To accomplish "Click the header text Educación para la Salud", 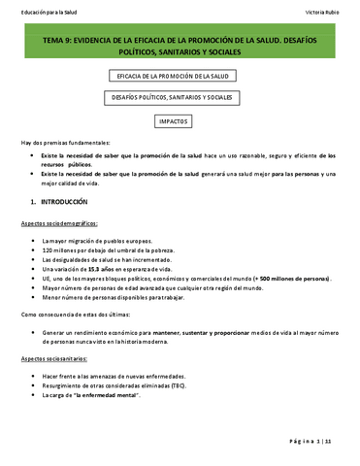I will click(x=47, y=9).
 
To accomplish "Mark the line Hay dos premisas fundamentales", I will click(x=66, y=142).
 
